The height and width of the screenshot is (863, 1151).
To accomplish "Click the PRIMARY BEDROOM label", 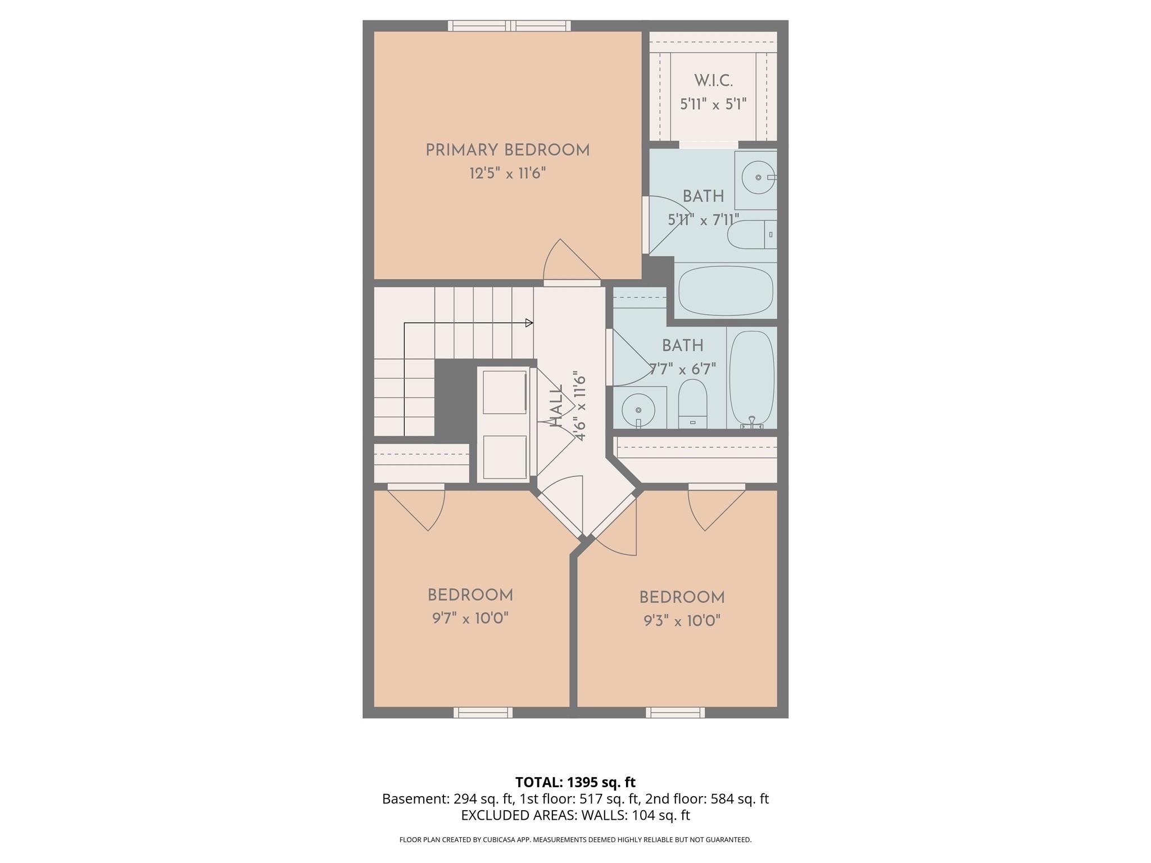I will point(507,150).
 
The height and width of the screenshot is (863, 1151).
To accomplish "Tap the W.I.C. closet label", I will point(713,81).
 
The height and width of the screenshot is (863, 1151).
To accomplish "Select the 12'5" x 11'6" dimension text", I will point(507,173).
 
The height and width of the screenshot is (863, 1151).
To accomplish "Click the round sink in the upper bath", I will point(758,178).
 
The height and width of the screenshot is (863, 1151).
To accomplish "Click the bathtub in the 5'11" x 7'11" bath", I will point(725,291).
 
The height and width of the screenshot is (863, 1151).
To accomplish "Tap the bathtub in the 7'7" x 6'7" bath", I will point(751,378).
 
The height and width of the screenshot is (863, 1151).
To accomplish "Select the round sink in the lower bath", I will point(638,405).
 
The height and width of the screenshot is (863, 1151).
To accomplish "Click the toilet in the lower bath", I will point(692,401).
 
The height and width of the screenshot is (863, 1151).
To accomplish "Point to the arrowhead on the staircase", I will point(529,323).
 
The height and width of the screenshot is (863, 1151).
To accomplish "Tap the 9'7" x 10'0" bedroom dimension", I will point(470,619).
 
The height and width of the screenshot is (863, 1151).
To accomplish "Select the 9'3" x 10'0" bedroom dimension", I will point(682,621).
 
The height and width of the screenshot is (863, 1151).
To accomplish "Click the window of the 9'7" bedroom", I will point(483,712).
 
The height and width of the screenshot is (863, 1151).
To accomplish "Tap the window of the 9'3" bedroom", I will point(675,712).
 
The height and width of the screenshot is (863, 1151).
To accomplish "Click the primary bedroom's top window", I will point(509,26).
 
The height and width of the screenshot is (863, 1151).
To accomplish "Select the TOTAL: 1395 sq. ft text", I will point(575,782).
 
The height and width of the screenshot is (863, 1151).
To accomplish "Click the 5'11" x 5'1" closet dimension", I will point(713,105).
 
